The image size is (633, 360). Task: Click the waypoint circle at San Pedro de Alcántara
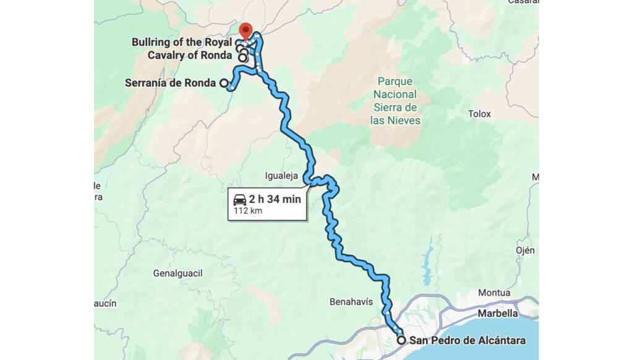coord(401,340)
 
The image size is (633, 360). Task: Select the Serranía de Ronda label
coord(170,82)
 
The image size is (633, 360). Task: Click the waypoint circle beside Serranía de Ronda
coord(223,82)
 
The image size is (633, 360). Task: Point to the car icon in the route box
coord(240,199)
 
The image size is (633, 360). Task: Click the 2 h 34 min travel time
coord(275,199)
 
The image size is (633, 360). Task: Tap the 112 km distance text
coord(248,211)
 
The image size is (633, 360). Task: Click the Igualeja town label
coord(281,176)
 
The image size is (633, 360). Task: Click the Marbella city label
coord(502,313)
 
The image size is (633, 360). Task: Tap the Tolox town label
coord(479,114)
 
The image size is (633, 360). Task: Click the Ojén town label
coord(525,250)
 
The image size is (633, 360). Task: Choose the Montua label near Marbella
coord(494,293)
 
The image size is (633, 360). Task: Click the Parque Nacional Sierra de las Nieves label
coord(396,100)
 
